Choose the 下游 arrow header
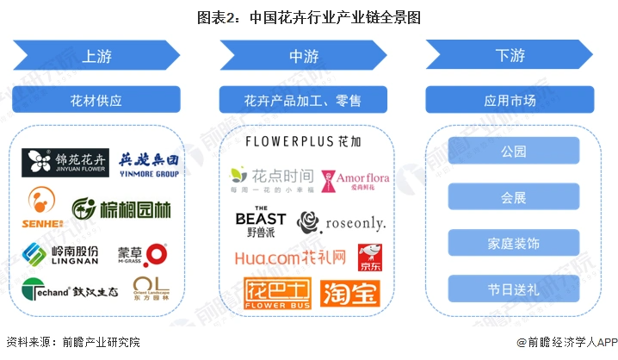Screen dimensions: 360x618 point(510,57)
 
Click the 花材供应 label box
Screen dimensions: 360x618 point(96,100)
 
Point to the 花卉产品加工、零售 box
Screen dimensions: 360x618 point(303,100)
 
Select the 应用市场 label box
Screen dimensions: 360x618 point(510,100)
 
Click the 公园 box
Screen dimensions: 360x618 point(513,152)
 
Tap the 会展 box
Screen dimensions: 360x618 point(513,197)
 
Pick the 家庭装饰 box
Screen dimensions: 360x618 point(513,243)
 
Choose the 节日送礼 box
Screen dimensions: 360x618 point(513,289)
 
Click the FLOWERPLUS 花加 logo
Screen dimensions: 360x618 point(303,141)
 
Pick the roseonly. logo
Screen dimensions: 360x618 point(341,222)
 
